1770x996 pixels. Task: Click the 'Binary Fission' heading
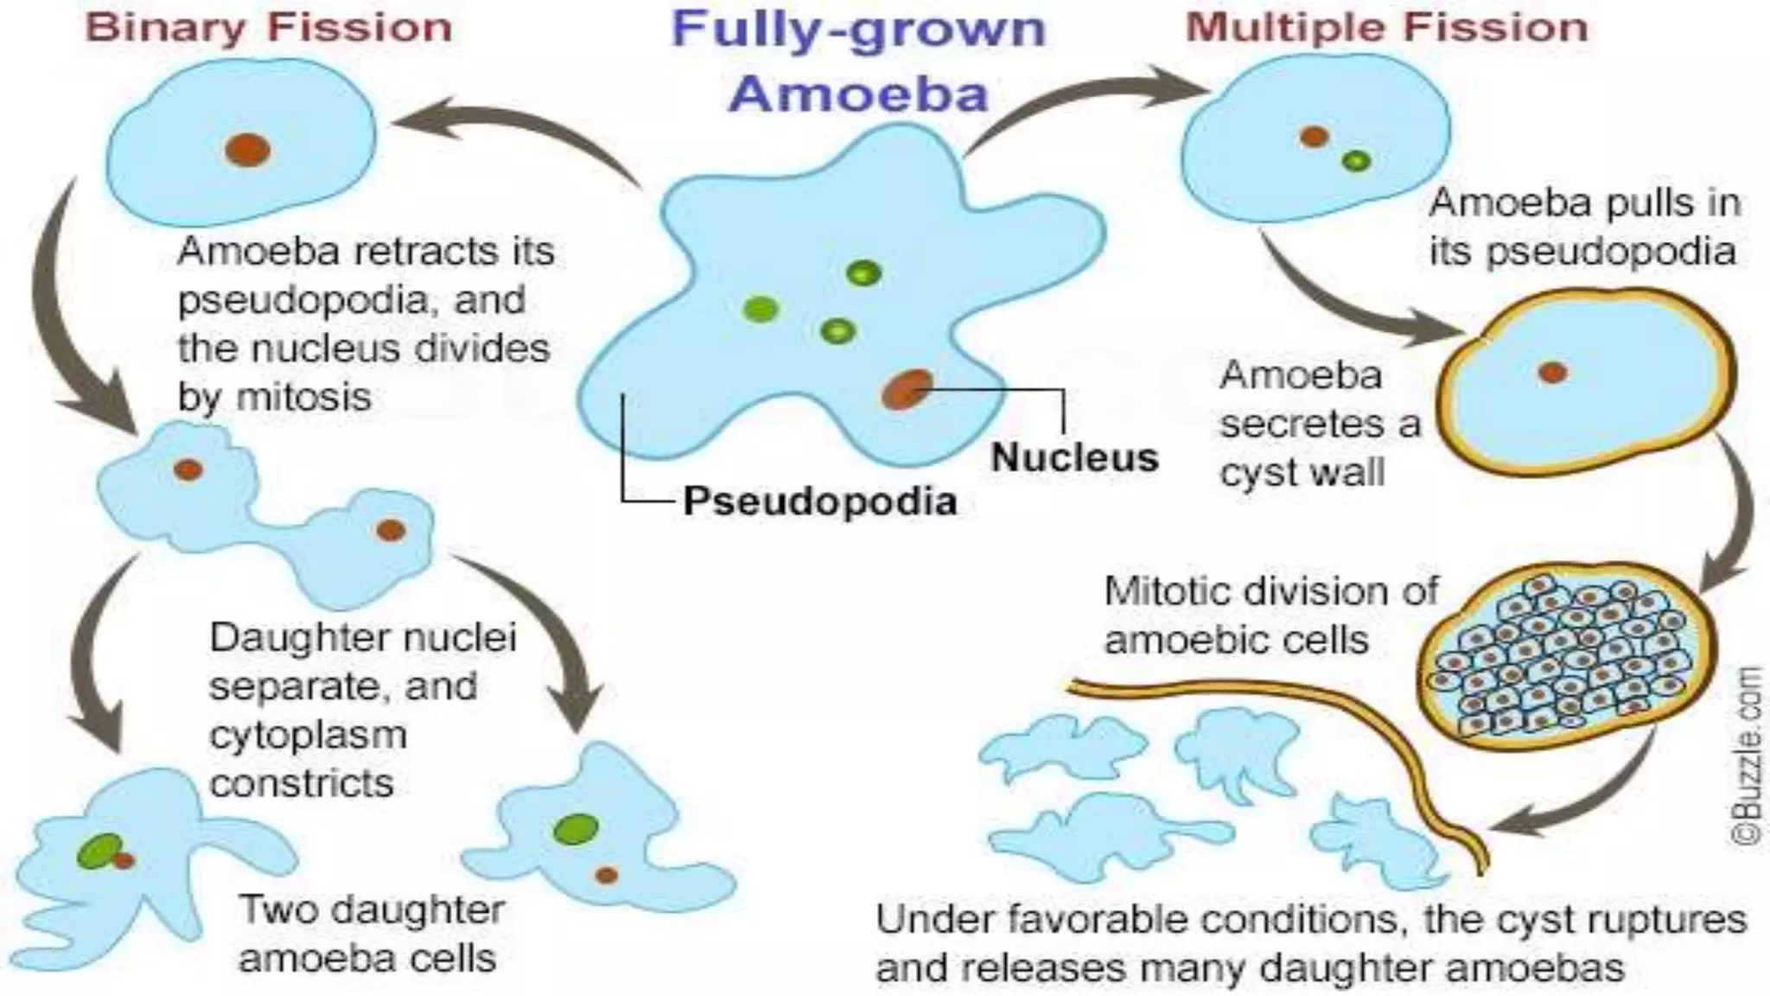click(x=269, y=28)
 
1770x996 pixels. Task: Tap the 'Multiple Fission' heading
click(x=1386, y=28)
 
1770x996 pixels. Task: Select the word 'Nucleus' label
click(x=1074, y=457)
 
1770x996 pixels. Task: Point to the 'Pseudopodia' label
click(x=819, y=501)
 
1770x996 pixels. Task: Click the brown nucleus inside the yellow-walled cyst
click(x=1552, y=373)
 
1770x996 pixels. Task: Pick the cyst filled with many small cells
click(x=1564, y=661)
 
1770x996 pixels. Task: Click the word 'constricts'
click(x=302, y=783)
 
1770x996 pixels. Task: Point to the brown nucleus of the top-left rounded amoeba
click(x=247, y=150)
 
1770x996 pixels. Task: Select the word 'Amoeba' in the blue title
click(x=857, y=93)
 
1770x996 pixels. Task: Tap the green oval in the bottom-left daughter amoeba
click(x=99, y=851)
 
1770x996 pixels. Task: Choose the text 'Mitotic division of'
click(x=1270, y=592)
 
